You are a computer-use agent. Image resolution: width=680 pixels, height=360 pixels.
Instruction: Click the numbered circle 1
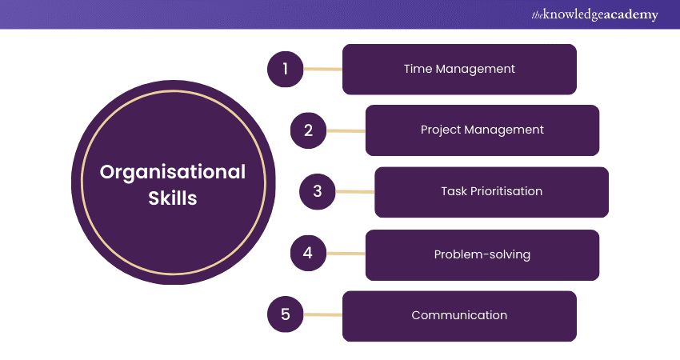click(x=284, y=69)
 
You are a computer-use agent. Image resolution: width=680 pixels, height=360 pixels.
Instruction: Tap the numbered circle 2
click(x=308, y=130)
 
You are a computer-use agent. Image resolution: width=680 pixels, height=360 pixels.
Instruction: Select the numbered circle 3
click(x=317, y=192)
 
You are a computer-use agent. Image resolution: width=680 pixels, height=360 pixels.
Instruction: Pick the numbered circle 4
click(x=308, y=254)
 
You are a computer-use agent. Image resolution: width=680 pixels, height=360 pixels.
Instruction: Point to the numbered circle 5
click(x=284, y=315)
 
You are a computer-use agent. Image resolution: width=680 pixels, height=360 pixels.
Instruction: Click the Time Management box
click(x=459, y=69)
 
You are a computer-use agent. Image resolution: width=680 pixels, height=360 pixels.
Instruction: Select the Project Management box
click(x=482, y=130)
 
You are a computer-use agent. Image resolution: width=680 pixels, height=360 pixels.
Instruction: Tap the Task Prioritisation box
click(x=491, y=192)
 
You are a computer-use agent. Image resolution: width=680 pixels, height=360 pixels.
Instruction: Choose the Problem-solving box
click(x=482, y=254)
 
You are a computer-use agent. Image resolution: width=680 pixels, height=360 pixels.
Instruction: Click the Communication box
click(x=459, y=316)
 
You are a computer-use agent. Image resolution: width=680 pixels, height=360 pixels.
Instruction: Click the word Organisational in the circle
click(x=172, y=172)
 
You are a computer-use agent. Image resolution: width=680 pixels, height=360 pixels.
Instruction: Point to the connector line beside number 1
click(x=322, y=69)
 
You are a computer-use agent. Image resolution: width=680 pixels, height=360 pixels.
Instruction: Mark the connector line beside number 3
click(x=354, y=192)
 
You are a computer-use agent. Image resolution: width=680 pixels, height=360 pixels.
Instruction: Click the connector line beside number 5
click(x=322, y=315)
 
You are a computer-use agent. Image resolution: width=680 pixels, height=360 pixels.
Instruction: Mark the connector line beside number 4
click(x=346, y=254)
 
